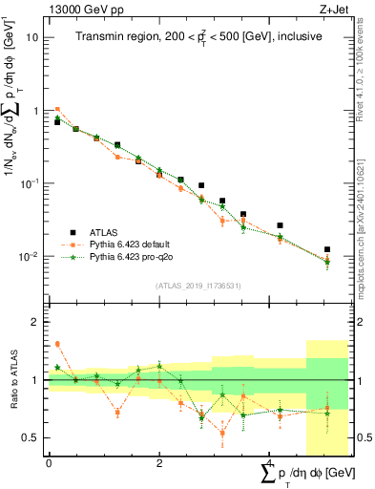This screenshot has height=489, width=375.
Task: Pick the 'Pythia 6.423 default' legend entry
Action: (x=134, y=244)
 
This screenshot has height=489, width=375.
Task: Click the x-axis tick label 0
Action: (x=49, y=463)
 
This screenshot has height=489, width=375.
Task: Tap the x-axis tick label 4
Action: (x=269, y=463)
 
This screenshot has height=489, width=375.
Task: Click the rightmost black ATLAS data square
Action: (x=327, y=249)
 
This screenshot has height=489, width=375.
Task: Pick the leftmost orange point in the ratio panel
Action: (x=57, y=344)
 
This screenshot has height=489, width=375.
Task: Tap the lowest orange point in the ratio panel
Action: (x=222, y=433)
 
